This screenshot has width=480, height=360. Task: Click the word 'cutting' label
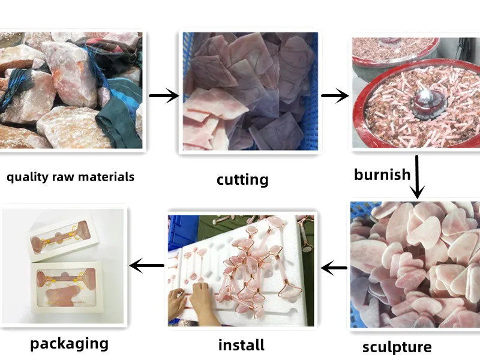coord(242,180)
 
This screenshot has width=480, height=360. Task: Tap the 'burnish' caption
coord(382,175)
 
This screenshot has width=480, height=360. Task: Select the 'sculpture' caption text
coord(397,347)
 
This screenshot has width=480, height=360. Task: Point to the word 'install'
coord(242,345)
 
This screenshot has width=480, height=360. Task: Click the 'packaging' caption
coord(69,344)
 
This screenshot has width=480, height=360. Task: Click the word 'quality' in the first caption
coord(28,177)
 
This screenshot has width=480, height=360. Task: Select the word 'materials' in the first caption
coord(106,177)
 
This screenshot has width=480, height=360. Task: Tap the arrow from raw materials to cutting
coord(164,95)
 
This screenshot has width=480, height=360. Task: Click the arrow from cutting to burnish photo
coord(335,95)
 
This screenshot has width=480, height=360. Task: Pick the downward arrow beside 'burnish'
coord(416,177)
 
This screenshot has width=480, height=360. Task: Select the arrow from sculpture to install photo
coord(334,268)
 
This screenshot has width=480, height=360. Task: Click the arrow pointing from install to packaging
coord(146,265)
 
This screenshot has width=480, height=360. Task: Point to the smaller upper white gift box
coord(64,237)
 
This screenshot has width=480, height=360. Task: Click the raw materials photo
coord(71,91)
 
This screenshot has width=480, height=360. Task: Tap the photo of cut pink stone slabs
coord(250,91)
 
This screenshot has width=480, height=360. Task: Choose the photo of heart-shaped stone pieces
coord(415,265)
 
